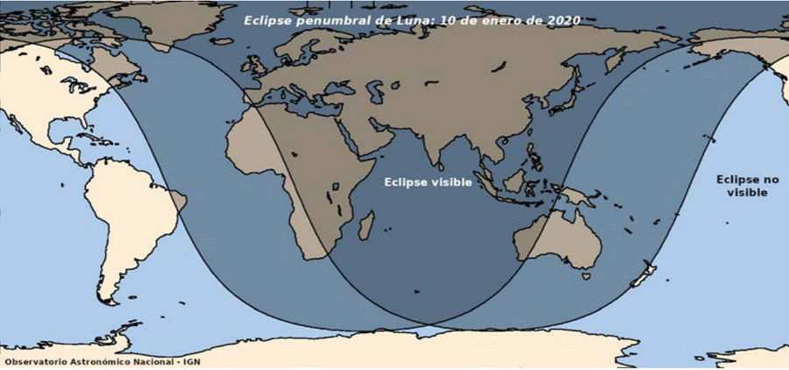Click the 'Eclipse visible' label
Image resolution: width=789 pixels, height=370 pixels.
429,182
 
